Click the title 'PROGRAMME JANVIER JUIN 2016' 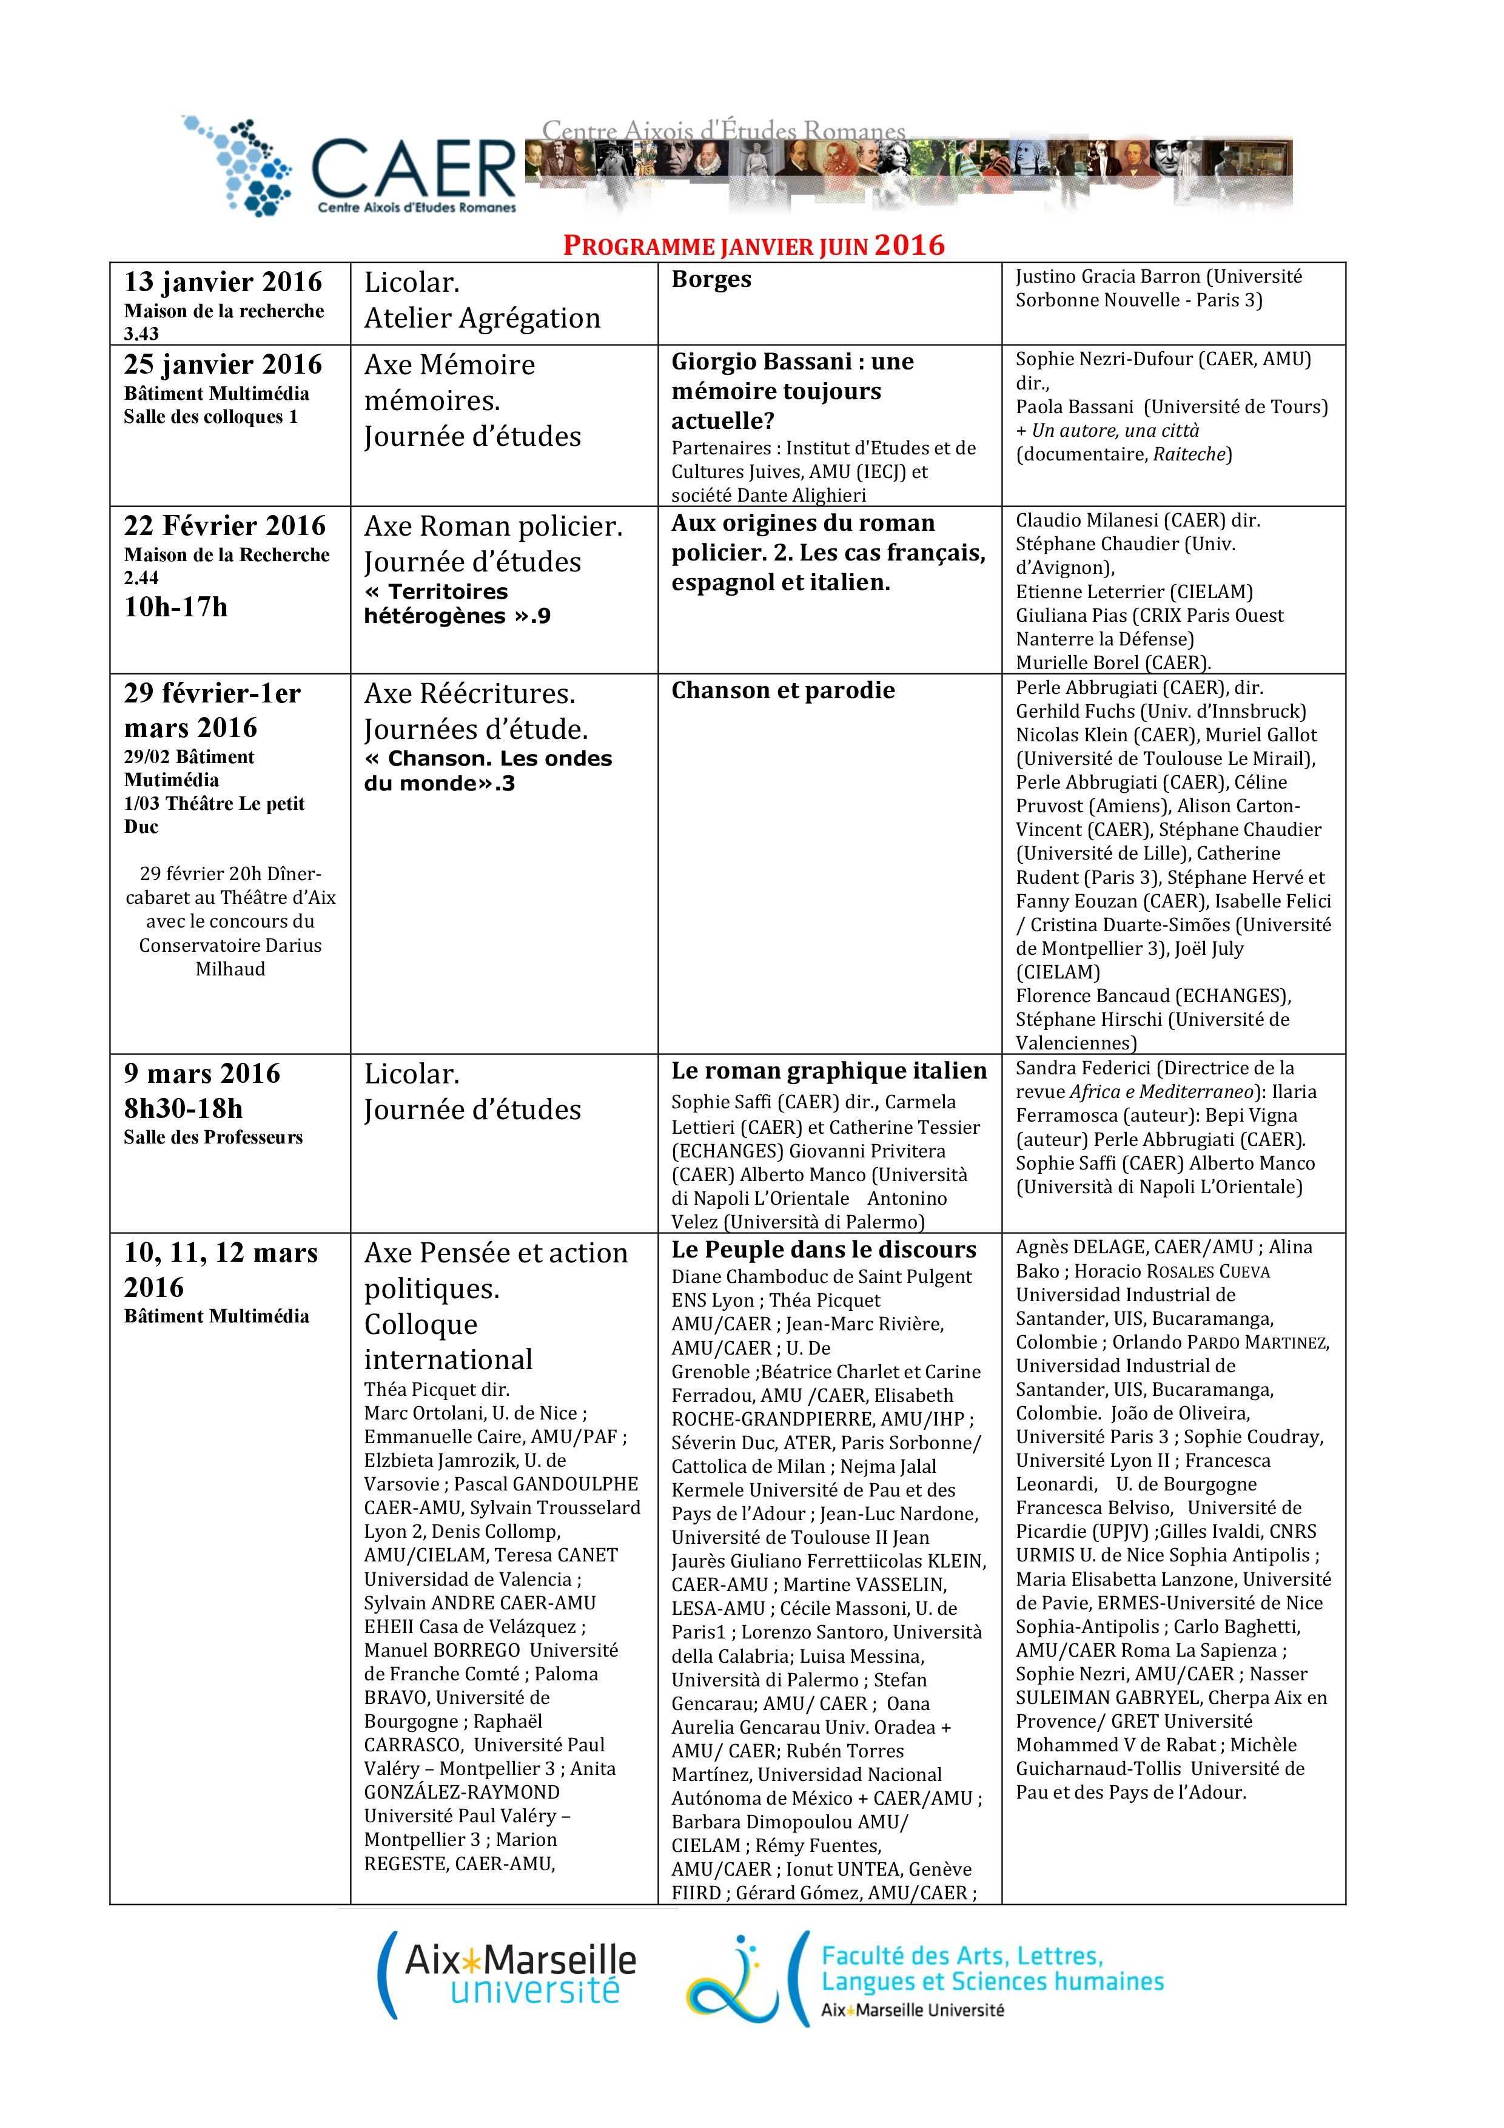(753, 246)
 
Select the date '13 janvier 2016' (223, 281)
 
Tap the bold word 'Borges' (711, 279)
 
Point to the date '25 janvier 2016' (223, 364)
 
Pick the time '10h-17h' (176, 607)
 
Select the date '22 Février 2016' (225, 525)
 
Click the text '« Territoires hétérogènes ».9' (457, 604)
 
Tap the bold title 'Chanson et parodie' (783, 690)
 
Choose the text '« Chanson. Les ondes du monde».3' (488, 770)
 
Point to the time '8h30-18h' (184, 1108)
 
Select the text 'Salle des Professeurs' (213, 1137)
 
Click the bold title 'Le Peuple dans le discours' (824, 1250)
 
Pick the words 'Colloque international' (449, 1342)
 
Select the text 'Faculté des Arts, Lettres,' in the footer (962, 1956)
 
